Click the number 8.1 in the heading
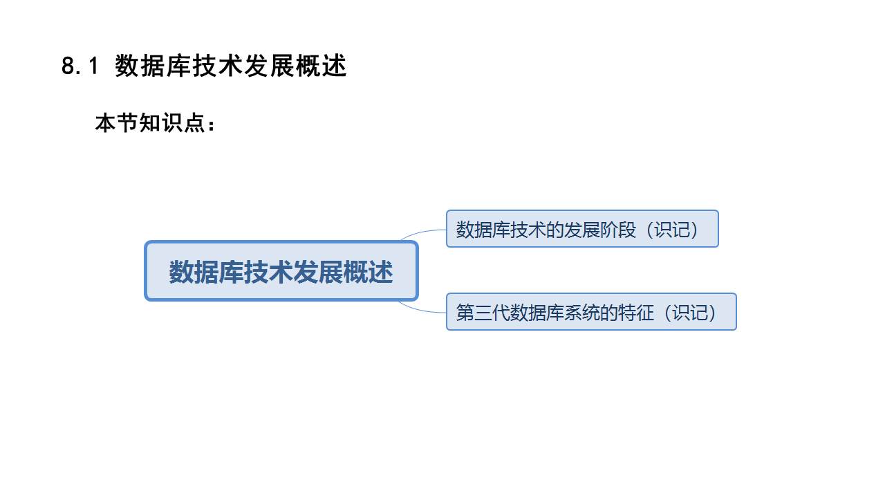point(82,66)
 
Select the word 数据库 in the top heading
point(148,66)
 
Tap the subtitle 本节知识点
point(149,124)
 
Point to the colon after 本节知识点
point(211,125)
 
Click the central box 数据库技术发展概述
point(281,271)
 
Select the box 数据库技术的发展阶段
point(582,229)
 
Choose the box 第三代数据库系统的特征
point(591,312)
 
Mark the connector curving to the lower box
point(422,308)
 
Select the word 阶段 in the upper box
point(618,230)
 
